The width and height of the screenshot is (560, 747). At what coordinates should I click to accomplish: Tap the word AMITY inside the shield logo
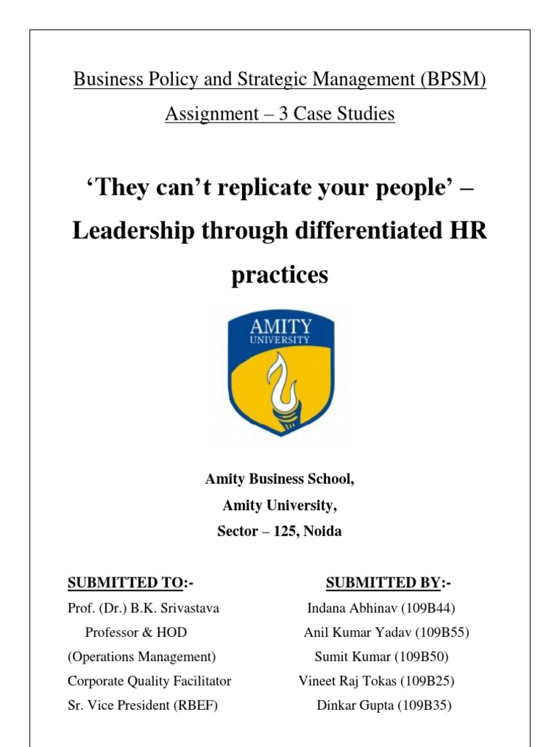pyautogui.click(x=280, y=325)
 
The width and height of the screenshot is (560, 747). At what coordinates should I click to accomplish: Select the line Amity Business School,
pyautogui.click(x=280, y=479)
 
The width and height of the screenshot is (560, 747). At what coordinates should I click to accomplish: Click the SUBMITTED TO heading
pyautogui.click(x=124, y=582)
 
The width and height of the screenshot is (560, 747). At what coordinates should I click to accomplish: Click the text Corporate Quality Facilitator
pyautogui.click(x=149, y=681)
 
